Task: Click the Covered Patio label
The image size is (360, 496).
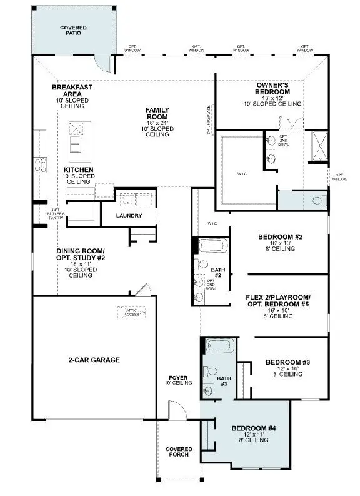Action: pos(73,31)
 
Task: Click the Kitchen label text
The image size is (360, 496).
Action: pos(79,170)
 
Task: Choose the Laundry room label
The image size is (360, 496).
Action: pos(129,216)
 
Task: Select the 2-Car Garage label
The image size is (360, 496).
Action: pos(94,360)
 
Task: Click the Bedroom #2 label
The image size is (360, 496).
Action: pos(280,237)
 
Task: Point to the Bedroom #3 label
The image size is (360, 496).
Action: pos(287,362)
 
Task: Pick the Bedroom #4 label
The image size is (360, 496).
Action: pos(254,428)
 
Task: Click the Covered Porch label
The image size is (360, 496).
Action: pos(179,452)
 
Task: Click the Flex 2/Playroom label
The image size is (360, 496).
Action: pos(279,300)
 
